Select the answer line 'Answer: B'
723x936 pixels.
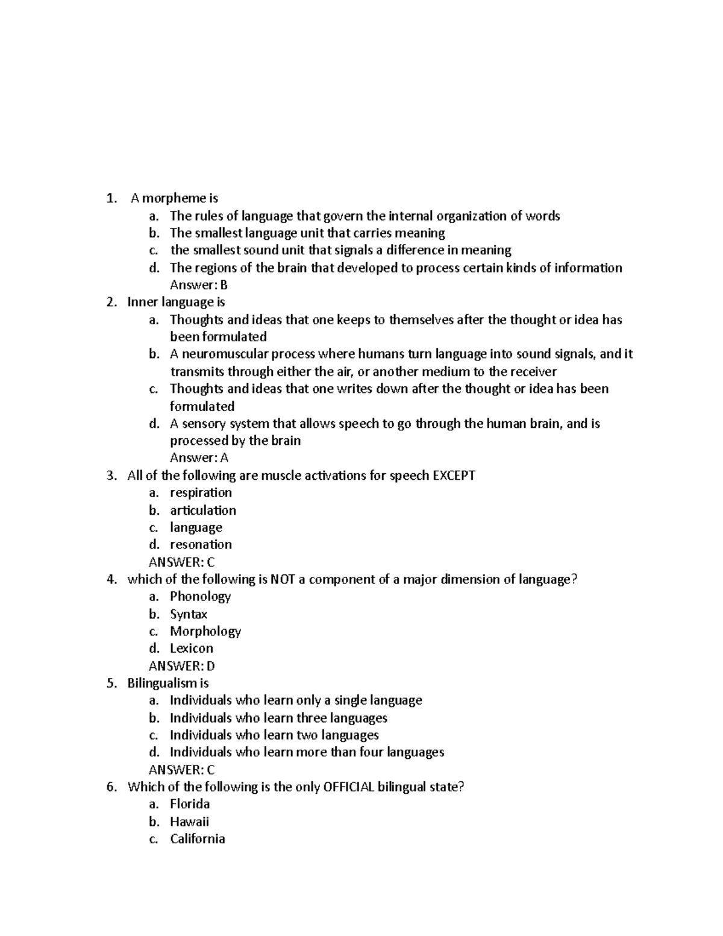point(199,285)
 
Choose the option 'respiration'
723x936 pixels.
point(201,493)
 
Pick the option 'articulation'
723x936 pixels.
point(202,510)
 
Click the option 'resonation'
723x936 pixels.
point(201,545)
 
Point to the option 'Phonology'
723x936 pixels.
point(200,597)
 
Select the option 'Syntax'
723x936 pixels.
point(189,614)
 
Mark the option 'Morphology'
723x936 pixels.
point(205,632)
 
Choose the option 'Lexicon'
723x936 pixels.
point(192,649)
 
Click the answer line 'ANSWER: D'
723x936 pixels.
point(181,666)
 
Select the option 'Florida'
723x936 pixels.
point(190,804)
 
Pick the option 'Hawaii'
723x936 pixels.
point(189,821)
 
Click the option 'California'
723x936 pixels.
point(198,839)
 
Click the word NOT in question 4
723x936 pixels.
point(283,580)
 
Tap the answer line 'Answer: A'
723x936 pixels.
point(199,458)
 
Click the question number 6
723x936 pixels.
point(110,787)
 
